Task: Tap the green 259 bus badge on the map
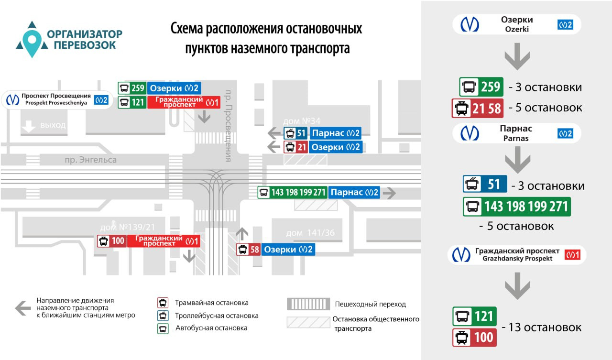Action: pos(132,88)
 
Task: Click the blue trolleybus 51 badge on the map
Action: pos(295,133)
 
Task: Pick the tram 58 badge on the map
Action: pos(249,250)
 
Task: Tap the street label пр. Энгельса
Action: pos(91,160)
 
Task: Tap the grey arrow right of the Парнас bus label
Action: pos(390,193)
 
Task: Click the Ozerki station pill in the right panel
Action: pos(516,24)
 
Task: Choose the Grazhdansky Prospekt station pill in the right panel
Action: pos(516,254)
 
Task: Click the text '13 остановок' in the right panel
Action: pos(542,327)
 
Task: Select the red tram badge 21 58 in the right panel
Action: pos(477,109)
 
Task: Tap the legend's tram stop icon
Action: pos(163,303)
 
